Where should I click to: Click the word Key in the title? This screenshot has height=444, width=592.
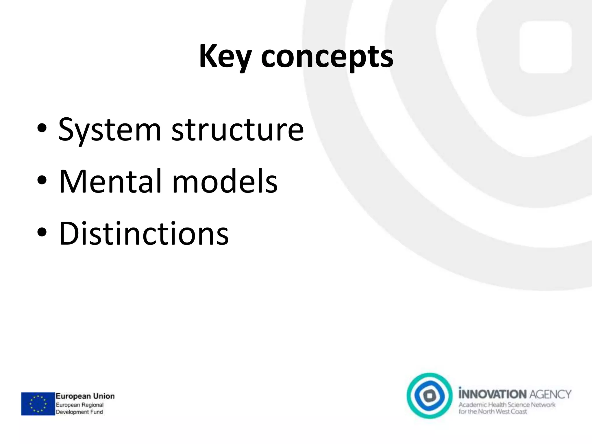[225, 56]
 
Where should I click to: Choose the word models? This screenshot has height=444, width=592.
[225, 181]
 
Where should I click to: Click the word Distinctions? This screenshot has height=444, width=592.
[144, 233]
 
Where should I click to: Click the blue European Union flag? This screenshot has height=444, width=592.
[38, 404]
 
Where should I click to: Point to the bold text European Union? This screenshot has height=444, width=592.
[85, 396]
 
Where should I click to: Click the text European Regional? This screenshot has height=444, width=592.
[79, 405]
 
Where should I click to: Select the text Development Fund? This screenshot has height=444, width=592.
[79, 412]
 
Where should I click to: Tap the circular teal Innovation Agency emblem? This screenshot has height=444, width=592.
[430, 395]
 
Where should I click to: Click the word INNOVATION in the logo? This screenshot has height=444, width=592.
[492, 394]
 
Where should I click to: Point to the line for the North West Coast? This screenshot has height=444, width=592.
[493, 411]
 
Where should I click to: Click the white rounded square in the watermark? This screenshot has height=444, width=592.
[545, 47]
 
